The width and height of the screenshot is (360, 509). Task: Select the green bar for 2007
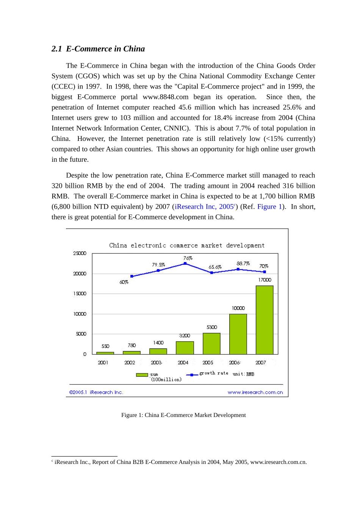pos(265,320)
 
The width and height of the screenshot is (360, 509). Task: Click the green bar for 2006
pos(238,334)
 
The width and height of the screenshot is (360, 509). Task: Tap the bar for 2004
pos(185,348)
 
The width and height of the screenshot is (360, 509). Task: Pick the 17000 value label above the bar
pos(265,280)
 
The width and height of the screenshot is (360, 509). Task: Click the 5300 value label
pos(212,327)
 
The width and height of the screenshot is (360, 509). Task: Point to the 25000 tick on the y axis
pos(80,253)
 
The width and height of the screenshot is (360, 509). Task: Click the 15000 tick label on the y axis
pos(80,294)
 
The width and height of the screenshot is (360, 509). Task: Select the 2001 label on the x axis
pos(103,362)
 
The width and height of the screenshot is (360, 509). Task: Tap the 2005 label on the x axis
pos(208,362)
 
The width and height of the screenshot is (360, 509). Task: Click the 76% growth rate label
pos(188,258)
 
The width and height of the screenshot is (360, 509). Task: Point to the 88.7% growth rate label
pos(243,264)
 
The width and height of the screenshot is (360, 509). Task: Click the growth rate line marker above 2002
pos(132,276)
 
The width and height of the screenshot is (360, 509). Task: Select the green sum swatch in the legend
pos(142,375)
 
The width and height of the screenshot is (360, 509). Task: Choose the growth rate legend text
pos(214,373)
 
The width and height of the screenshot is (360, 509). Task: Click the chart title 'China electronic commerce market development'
pos(187,245)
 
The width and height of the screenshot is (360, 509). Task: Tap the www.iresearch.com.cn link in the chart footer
pos(255,392)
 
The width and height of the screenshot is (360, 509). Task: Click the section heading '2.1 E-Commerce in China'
pos(98,49)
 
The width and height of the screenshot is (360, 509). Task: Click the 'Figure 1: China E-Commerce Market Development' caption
pos(183,415)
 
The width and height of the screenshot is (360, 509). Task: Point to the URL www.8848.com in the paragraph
pos(165,97)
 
